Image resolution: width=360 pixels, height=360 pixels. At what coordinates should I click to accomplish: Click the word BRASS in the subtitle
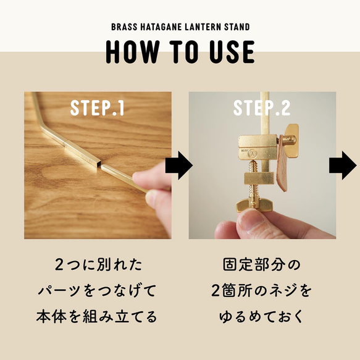click(124, 27)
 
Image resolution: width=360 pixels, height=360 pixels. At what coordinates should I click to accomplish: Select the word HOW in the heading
click(133, 52)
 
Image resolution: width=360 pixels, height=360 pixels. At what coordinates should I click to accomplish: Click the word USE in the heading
click(232, 52)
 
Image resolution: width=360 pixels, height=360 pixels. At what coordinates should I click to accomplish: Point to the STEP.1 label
click(97, 107)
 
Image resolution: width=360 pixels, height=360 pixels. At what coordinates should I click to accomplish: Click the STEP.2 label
click(262, 107)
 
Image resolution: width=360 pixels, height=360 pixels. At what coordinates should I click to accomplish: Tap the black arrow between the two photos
click(179, 165)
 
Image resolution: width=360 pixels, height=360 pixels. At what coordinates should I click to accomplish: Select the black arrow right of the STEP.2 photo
click(343, 165)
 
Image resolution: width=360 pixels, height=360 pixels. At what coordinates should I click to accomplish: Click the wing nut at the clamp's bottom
click(254, 204)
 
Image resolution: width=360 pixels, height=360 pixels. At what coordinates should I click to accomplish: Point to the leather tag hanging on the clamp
click(283, 163)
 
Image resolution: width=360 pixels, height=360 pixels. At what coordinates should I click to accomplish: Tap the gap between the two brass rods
click(100, 166)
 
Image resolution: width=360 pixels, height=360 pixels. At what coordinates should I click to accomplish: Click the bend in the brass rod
click(41, 125)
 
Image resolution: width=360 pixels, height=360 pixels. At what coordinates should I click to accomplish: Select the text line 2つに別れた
click(98, 265)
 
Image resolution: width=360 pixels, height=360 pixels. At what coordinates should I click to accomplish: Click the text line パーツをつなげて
click(97, 291)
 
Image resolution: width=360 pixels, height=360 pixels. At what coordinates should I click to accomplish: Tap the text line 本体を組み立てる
click(97, 317)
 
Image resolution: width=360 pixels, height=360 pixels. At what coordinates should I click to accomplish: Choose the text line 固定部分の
click(262, 265)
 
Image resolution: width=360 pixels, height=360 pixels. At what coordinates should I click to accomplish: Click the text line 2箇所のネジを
click(261, 291)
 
